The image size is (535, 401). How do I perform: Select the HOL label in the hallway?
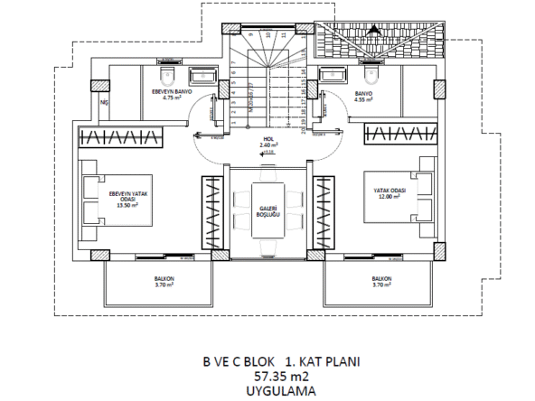click(x=267, y=138)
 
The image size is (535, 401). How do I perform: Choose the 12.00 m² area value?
click(x=388, y=199)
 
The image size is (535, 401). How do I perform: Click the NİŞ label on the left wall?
click(x=104, y=103)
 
